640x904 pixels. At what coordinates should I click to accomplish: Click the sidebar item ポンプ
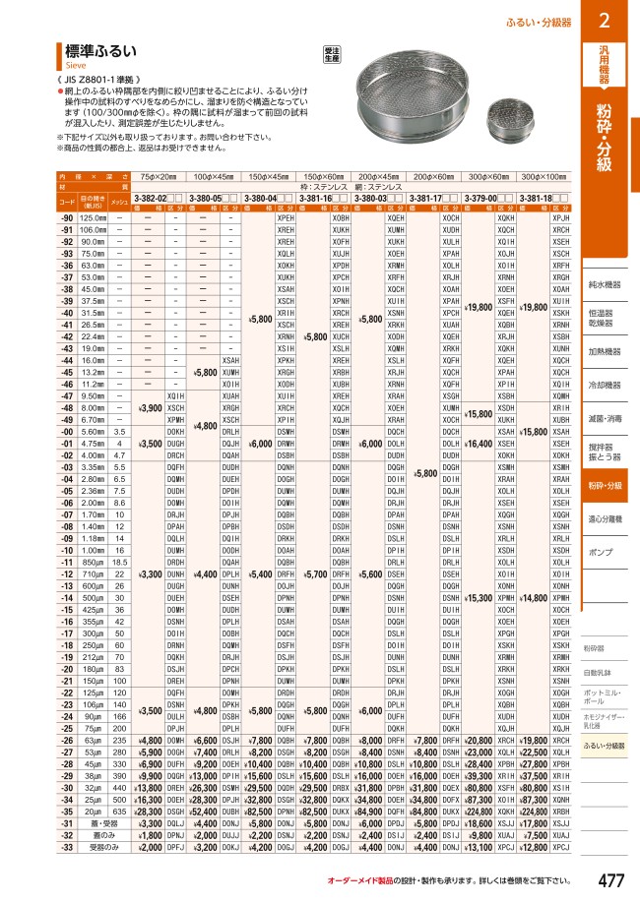(x=600, y=554)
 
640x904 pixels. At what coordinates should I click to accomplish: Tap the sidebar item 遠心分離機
(x=608, y=516)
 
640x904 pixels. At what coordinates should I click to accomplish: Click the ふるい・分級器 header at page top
(x=544, y=21)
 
